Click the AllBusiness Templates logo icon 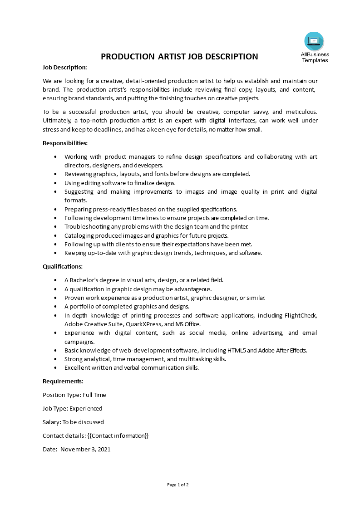point(314,41)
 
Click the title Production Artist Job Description point(179,57)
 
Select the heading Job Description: point(64,67)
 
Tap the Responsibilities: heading point(65,143)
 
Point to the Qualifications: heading point(63,266)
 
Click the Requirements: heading point(63,381)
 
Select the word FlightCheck point(301,315)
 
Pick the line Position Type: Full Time point(74,395)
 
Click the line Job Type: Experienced point(72,408)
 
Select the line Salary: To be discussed point(73,422)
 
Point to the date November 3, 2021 point(85,450)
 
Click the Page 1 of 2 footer point(178,485)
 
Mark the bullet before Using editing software point(55,183)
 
